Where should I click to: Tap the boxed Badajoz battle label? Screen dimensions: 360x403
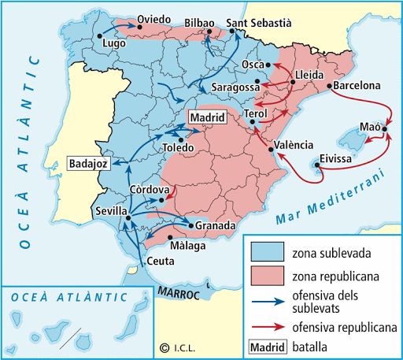(90, 164)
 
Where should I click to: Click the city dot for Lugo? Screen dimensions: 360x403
(100, 35)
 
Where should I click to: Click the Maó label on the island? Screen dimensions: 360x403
(369, 127)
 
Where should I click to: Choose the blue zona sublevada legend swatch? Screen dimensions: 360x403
(269, 251)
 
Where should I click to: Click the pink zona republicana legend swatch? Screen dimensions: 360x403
(269, 276)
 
